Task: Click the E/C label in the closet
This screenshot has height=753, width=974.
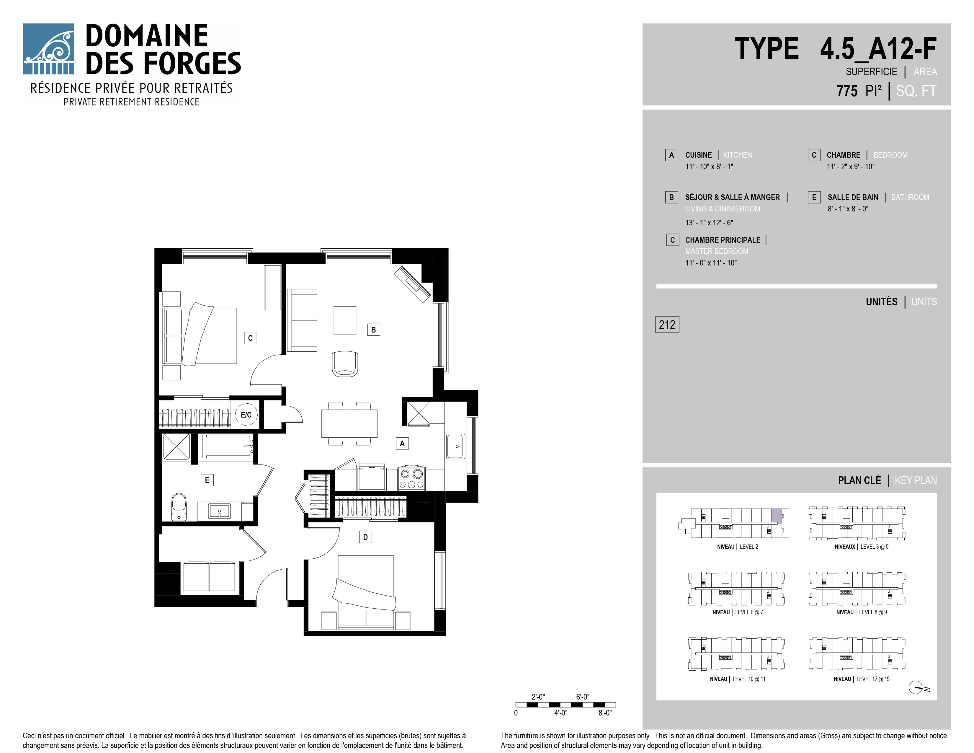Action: [246, 415]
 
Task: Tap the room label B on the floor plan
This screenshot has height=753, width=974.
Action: [373, 330]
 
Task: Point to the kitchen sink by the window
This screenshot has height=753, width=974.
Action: [456, 446]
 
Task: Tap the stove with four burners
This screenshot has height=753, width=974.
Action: [412, 479]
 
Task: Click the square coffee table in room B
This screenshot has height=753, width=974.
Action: [345, 320]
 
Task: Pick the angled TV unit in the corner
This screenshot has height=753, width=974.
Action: [413, 285]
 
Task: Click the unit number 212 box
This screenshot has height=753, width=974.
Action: [667, 324]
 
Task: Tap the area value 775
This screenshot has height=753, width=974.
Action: [847, 91]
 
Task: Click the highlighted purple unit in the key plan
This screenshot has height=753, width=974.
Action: [777, 516]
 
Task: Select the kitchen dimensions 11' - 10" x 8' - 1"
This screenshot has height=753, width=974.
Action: [709, 166]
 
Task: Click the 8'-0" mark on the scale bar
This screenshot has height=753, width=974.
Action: [605, 713]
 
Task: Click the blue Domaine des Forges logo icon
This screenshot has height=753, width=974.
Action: [48, 49]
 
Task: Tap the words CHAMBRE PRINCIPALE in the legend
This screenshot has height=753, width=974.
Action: [723, 240]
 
